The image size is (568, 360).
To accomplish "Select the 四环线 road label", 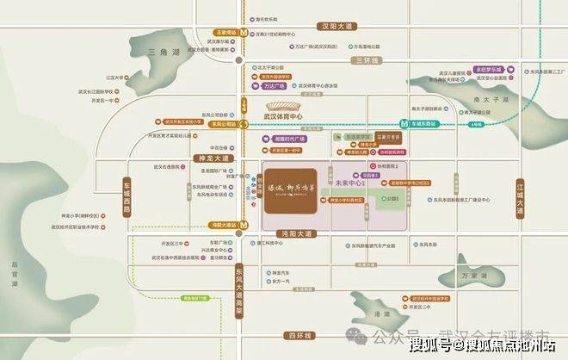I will pos(303,333).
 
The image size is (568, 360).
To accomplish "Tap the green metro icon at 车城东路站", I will pos(403,123).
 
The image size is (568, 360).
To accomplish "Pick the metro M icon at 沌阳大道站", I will pos(244,226).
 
